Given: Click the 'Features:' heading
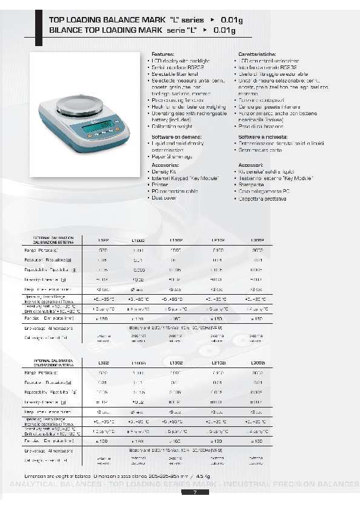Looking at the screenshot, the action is pyautogui.click(x=162, y=54).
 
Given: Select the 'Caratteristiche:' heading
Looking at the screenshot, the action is pyautogui.click(x=254, y=54).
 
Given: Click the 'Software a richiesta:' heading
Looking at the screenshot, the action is pyautogui.click(x=262, y=138).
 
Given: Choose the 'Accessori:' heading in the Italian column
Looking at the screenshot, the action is pyautogui.click(x=250, y=165).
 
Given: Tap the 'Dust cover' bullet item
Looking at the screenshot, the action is pyautogui.click(x=164, y=198).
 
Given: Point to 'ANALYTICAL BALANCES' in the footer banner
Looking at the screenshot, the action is pyautogui.click(x=55, y=485).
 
